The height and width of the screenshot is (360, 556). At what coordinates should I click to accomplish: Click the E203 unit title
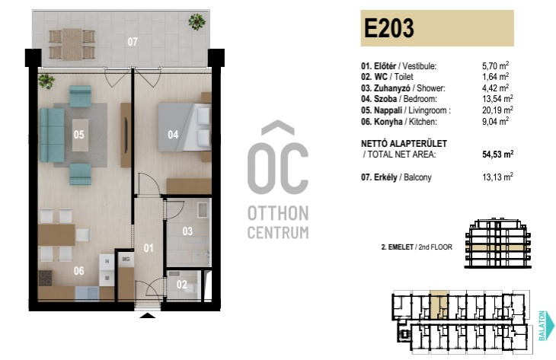tap(389, 28)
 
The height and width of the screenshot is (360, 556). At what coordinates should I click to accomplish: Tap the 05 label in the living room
tap(78, 135)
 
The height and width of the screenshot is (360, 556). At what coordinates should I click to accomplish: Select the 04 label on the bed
tap(173, 135)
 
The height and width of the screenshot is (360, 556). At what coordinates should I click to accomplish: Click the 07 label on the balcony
tap(133, 42)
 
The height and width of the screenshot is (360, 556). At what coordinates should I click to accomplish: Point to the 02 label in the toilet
tap(181, 284)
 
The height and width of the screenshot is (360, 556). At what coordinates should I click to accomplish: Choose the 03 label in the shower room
tap(187, 231)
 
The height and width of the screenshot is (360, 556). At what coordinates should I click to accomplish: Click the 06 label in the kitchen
tap(78, 271)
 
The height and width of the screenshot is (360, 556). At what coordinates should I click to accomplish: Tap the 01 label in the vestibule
tap(149, 248)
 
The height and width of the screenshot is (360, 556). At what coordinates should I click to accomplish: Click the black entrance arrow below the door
tap(148, 316)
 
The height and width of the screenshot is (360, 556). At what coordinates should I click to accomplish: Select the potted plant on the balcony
tap(197, 21)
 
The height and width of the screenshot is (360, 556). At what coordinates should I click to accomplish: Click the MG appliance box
tap(126, 259)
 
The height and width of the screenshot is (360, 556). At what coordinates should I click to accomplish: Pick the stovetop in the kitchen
tap(46, 278)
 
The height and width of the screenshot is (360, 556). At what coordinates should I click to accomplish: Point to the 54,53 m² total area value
tap(498, 155)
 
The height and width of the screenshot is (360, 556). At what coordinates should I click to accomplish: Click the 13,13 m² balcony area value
tap(497, 177)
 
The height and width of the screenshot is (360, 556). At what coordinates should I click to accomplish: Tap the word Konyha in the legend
tap(388, 122)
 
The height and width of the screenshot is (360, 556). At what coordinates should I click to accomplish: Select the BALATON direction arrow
tap(551, 326)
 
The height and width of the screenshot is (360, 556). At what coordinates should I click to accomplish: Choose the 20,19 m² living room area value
tap(497, 110)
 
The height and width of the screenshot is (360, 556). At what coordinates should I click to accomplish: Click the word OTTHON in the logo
tap(278, 214)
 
